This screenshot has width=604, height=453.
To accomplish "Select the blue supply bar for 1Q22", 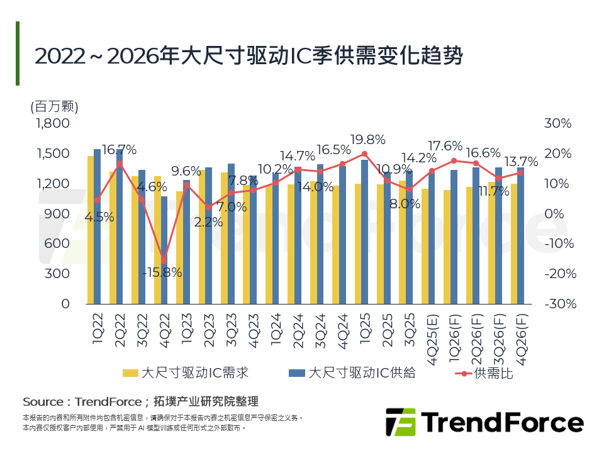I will pos(98,226).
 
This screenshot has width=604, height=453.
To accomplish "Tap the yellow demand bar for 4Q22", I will pos(157,240).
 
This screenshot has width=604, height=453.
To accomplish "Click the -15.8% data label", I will pos(162,273).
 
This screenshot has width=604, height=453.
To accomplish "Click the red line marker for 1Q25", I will pos(364,154).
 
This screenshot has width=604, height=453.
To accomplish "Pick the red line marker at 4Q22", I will pos(164,261).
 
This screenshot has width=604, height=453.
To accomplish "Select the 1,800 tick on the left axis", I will pos(53,124).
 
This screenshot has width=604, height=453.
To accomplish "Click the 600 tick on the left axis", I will pos(59,243).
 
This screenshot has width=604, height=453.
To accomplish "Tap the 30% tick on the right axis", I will pos(557,124).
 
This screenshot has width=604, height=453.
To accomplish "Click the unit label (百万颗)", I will pos(54,106).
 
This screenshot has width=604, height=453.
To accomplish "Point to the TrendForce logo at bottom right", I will pos(484,422).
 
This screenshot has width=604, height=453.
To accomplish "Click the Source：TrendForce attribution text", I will pos(140,401).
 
